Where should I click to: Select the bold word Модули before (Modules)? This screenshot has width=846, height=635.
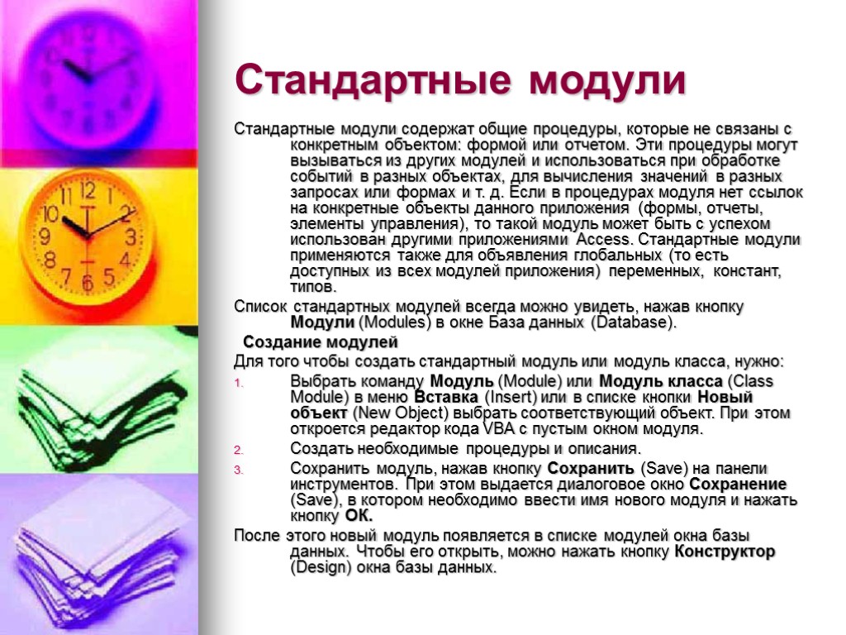(323, 322)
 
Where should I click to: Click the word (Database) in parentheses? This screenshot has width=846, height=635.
(634, 322)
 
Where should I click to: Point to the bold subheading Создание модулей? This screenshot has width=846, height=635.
(321, 342)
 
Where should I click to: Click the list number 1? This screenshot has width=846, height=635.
(239, 383)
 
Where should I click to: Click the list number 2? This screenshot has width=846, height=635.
(239, 451)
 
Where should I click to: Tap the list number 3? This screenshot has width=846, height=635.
(239, 470)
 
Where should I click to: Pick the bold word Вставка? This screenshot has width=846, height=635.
(447, 397)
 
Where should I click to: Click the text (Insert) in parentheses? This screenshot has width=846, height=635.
(506, 397)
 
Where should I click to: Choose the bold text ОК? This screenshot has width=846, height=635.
(359, 516)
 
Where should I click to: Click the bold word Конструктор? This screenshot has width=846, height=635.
(725, 551)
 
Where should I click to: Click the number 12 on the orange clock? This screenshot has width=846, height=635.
(88, 193)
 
